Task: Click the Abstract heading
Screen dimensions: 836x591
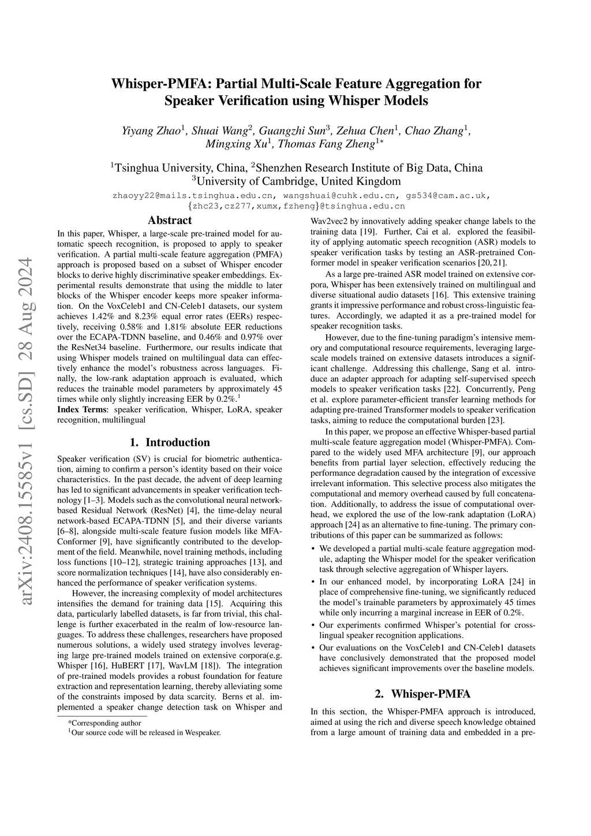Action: (170, 220)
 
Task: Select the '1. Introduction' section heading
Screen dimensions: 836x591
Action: (170, 442)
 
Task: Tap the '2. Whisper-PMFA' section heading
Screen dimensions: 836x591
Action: (423, 693)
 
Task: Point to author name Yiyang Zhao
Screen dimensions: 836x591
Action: (151, 130)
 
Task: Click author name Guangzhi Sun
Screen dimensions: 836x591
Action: (293, 130)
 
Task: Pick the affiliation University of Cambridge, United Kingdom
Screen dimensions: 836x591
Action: (296, 181)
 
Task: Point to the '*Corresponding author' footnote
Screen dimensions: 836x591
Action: (104, 722)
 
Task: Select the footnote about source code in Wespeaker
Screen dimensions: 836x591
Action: (144, 733)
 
